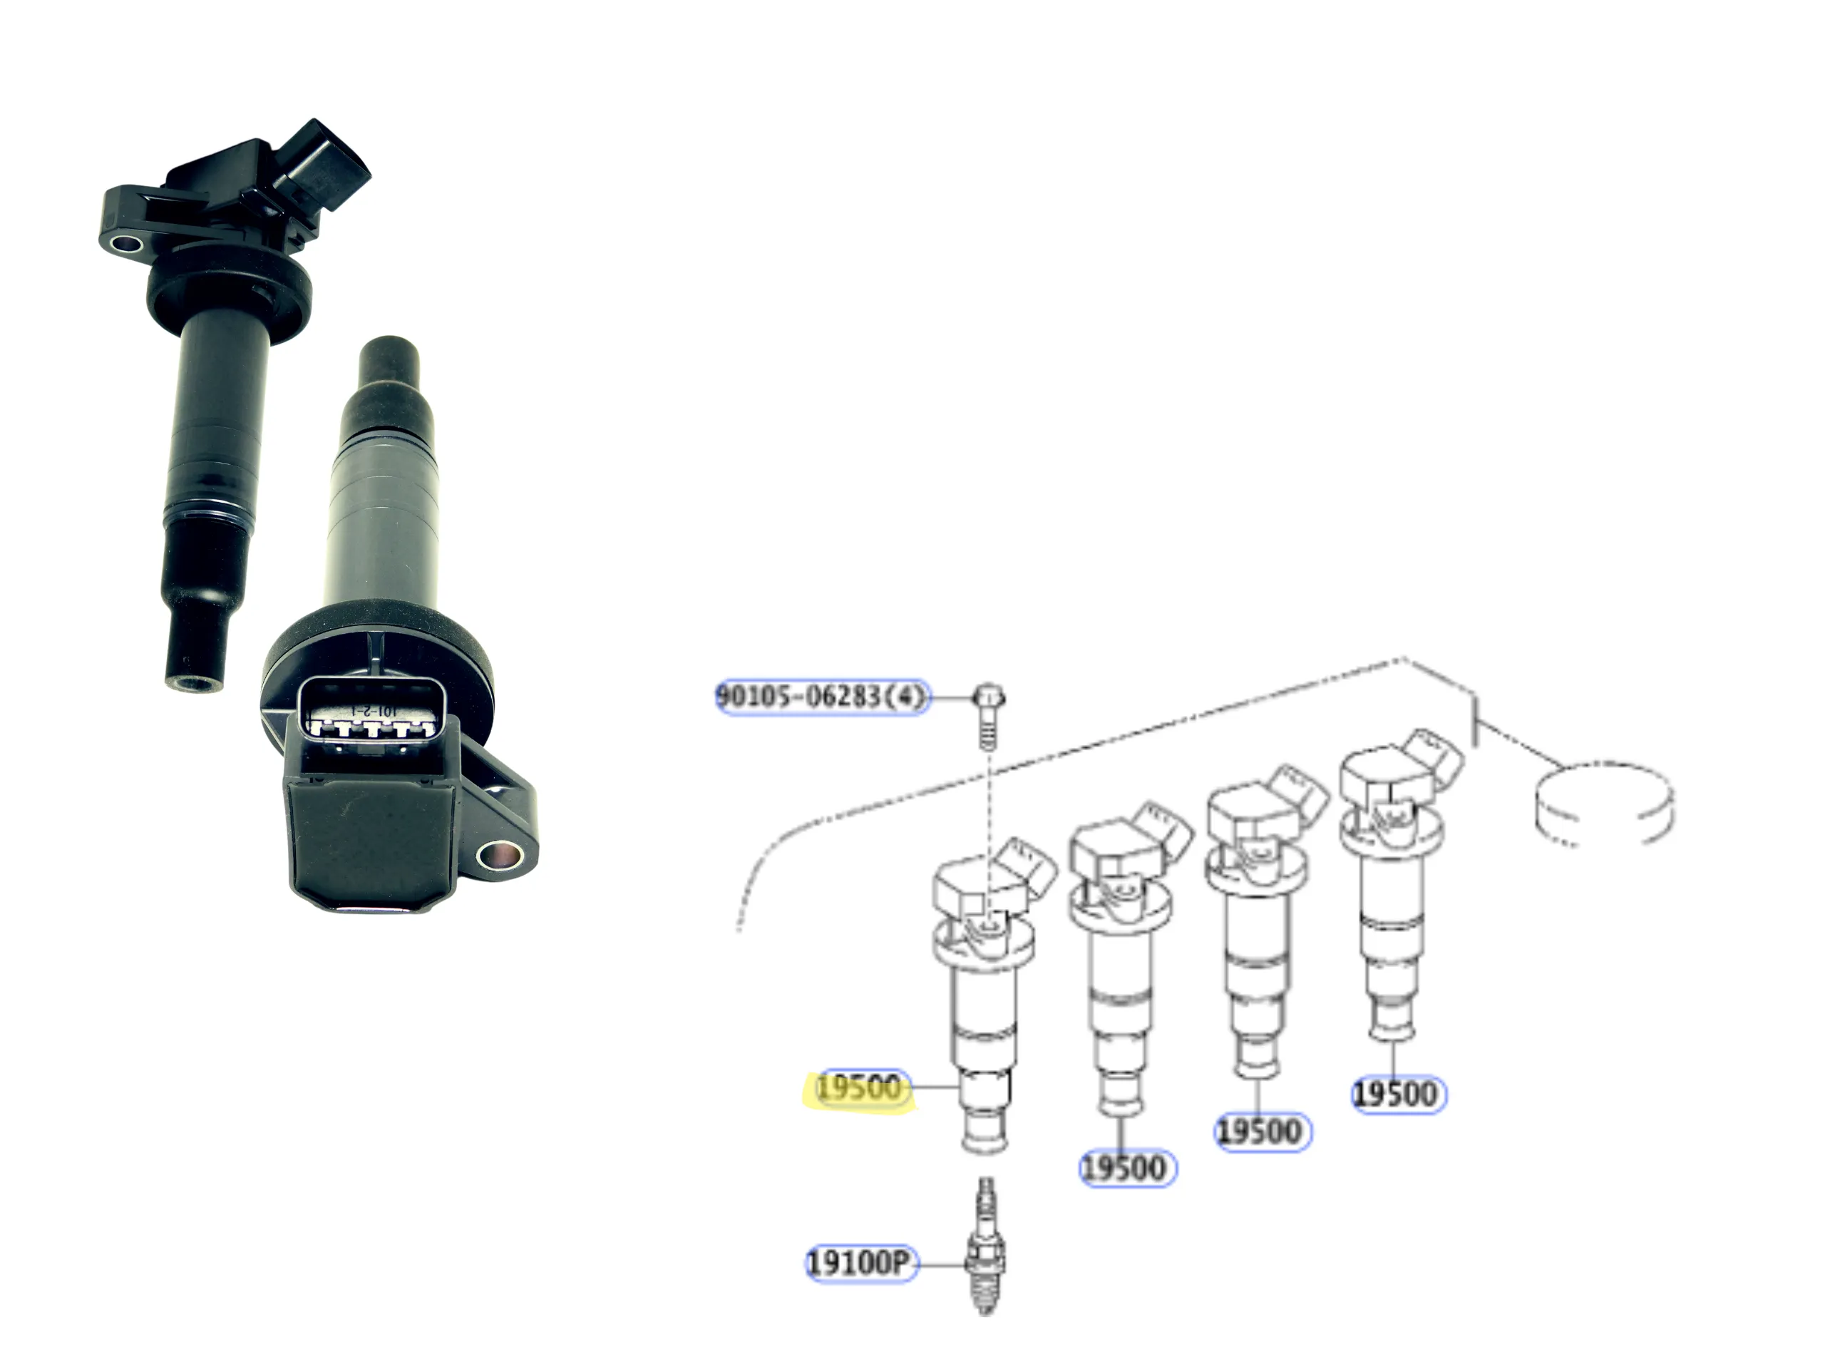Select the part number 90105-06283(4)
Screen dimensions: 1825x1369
[x=822, y=697]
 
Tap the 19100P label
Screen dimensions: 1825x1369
[x=860, y=1263]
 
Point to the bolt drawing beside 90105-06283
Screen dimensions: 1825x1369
[x=988, y=714]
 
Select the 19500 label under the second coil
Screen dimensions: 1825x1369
[x=1127, y=1168]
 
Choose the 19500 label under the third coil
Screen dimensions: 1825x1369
[x=1263, y=1131]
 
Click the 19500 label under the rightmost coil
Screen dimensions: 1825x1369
[x=1399, y=1094]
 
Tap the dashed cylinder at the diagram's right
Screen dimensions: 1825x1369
[x=1604, y=803]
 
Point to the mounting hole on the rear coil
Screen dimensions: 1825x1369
[x=126, y=245]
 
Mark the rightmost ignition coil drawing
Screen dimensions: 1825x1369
[x=1394, y=883]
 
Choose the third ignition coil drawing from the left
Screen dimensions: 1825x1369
[x=1260, y=920]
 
